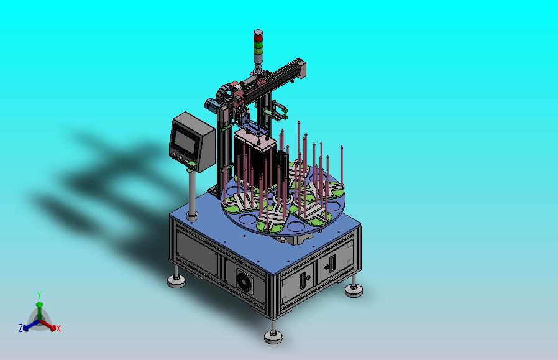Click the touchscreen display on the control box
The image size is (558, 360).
(x=185, y=141)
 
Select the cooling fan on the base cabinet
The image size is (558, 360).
(x=245, y=280)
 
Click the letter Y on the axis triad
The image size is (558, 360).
(x=40, y=295)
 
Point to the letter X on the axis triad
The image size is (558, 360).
(x=58, y=328)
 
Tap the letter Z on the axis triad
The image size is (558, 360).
(x=21, y=328)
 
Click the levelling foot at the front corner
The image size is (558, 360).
(x=273, y=335)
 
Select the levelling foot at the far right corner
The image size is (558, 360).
(x=354, y=290)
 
